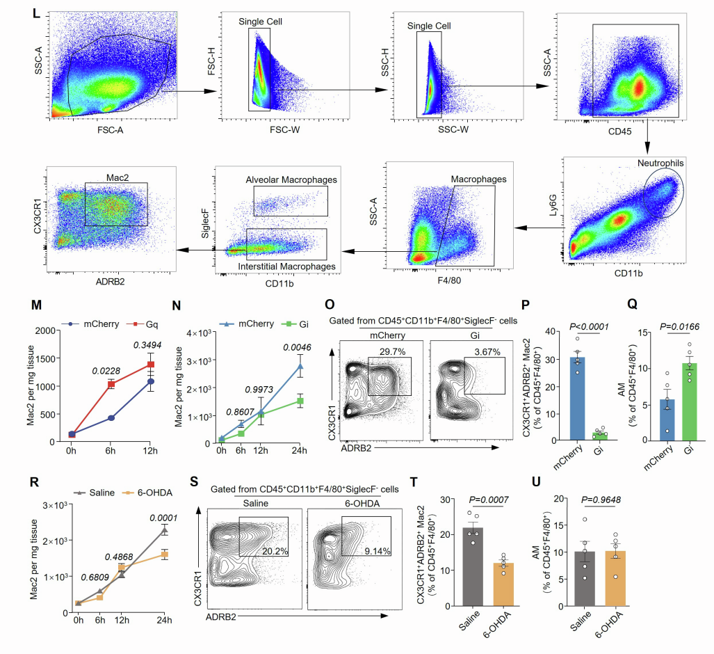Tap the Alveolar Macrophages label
point(291,180)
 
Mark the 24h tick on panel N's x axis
point(300,449)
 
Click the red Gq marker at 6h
point(111,384)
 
